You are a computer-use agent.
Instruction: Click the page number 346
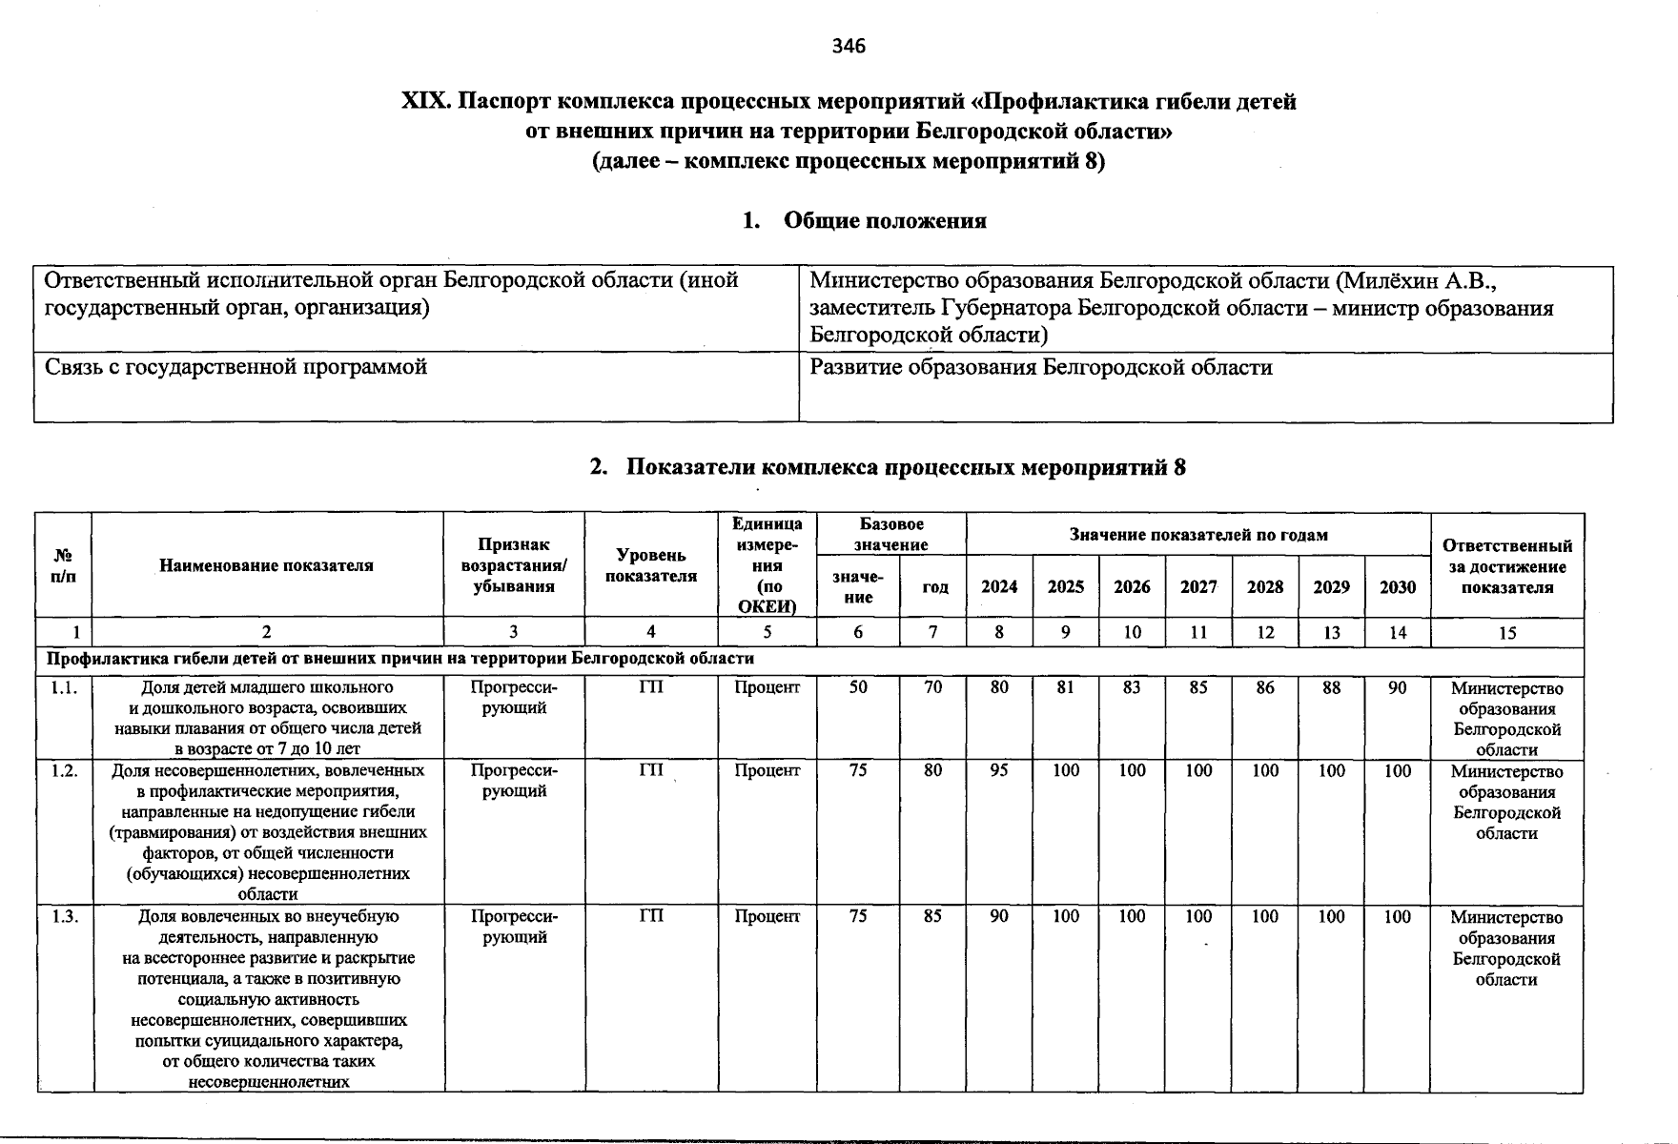tap(848, 46)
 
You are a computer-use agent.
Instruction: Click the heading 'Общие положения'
tap(884, 221)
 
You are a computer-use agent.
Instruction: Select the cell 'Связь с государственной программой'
tap(236, 367)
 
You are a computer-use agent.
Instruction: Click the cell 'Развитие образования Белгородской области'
tap(1040, 368)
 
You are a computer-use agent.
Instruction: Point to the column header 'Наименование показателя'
tap(266, 565)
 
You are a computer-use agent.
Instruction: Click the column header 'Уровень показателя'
tap(650, 565)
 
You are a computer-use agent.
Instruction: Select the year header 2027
tap(1198, 587)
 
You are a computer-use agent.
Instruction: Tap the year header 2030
tap(1398, 587)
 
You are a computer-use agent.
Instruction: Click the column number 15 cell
tap(1506, 632)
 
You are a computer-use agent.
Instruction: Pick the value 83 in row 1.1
tap(1132, 687)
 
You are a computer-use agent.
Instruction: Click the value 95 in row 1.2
tap(998, 770)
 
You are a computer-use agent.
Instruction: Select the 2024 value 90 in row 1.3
tap(998, 916)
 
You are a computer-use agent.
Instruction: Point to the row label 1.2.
tap(65, 770)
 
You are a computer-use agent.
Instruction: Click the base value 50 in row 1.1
tap(858, 687)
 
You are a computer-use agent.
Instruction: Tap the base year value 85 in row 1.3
tap(932, 916)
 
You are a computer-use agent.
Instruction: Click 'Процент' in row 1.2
tap(767, 770)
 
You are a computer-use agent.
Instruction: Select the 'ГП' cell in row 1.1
tap(650, 687)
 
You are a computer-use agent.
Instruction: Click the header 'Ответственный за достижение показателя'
tap(1506, 566)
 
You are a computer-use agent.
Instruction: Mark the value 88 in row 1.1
tap(1331, 687)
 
